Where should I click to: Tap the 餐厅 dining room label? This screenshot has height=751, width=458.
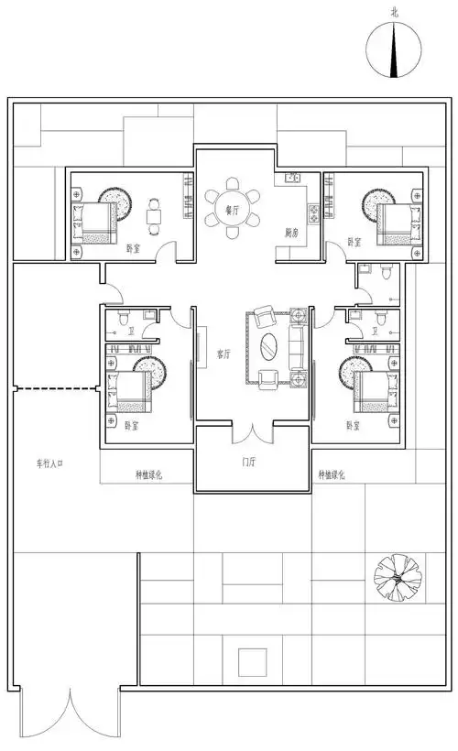click(232, 211)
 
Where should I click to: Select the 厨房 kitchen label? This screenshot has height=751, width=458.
click(292, 231)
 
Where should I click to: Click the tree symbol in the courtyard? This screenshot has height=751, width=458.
click(395, 575)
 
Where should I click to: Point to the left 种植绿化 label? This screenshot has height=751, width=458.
click(148, 474)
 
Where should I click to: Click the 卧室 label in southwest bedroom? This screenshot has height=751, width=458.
click(130, 426)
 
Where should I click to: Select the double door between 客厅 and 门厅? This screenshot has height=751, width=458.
click(248, 430)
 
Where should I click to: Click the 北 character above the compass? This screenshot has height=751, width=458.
click(395, 11)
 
